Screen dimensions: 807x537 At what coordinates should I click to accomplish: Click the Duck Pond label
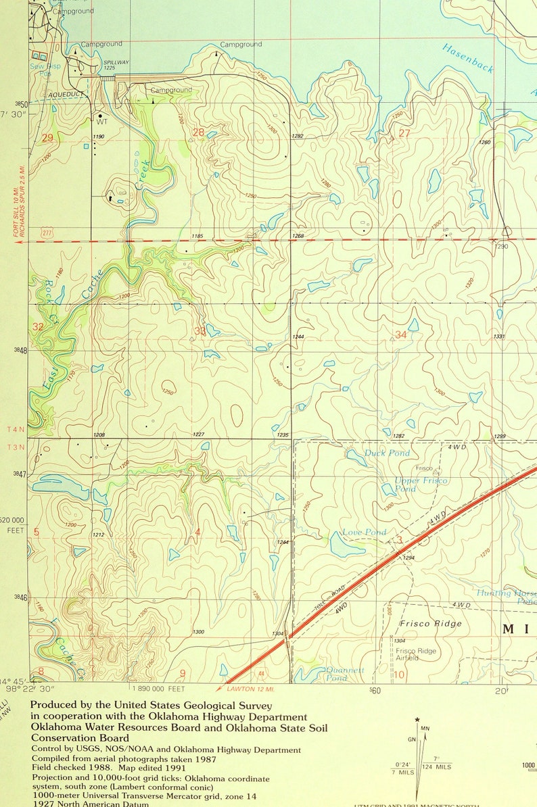click(x=387, y=453)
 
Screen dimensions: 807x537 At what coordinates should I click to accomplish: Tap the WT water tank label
click(x=102, y=122)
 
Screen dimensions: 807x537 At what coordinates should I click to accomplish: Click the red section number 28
click(x=198, y=132)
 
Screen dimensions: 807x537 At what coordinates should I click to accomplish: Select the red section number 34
click(x=401, y=335)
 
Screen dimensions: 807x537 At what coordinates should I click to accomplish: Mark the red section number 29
click(x=47, y=138)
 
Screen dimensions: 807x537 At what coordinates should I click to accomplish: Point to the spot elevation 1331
click(x=499, y=337)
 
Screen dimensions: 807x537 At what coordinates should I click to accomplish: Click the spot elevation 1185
click(x=197, y=236)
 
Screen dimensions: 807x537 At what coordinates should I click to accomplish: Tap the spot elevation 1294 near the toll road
click(x=408, y=558)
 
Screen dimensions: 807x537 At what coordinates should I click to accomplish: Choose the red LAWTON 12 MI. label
click(x=241, y=688)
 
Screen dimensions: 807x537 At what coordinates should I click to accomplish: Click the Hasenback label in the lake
click(x=467, y=58)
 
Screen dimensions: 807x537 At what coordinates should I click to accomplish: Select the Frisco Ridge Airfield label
click(x=417, y=654)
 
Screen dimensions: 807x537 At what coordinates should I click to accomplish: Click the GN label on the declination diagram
click(x=412, y=739)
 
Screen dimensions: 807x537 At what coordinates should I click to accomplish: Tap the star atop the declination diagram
click(x=418, y=719)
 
